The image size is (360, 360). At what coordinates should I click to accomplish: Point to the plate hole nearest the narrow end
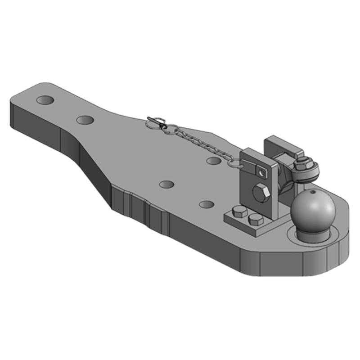click(x=45, y=99)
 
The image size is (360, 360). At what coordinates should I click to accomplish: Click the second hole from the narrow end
click(x=85, y=120)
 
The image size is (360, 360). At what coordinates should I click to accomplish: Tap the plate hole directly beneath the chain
click(x=213, y=160)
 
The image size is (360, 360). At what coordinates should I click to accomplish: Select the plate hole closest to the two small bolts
click(x=207, y=204)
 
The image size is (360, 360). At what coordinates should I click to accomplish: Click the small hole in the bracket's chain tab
click(x=259, y=171)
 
